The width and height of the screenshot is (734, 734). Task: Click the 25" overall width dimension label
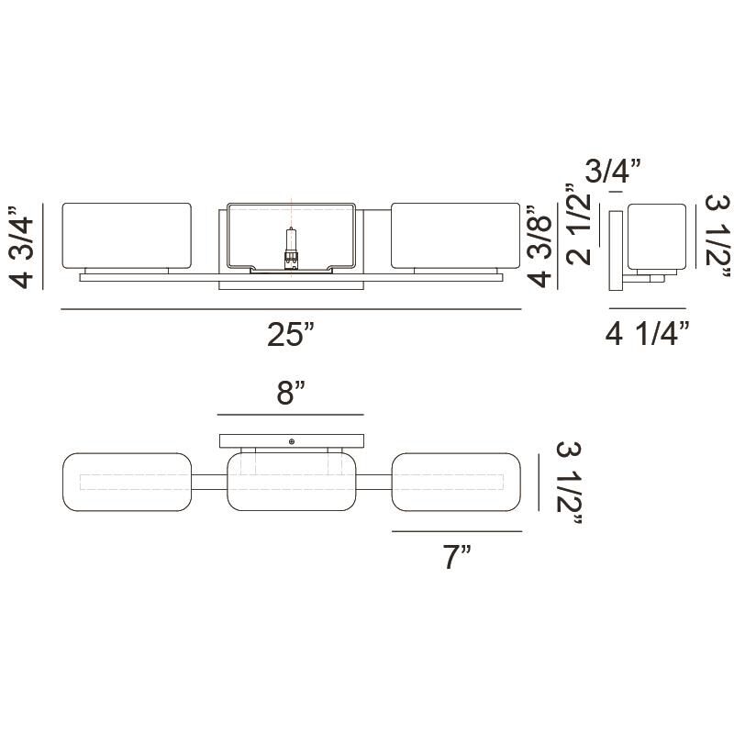pyautogui.click(x=290, y=334)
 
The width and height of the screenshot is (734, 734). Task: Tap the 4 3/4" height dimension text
pyautogui.click(x=22, y=247)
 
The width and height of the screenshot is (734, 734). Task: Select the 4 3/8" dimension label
pyautogui.click(x=540, y=246)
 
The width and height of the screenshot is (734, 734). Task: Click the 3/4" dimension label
pyautogui.click(x=613, y=171)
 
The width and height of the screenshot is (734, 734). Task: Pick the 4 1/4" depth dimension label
pyautogui.click(x=648, y=334)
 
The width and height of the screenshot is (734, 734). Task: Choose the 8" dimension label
pyautogui.click(x=291, y=394)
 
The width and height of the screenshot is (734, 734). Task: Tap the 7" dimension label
pyautogui.click(x=457, y=557)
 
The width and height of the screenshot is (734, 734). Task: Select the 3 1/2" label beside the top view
pyautogui.click(x=570, y=484)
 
